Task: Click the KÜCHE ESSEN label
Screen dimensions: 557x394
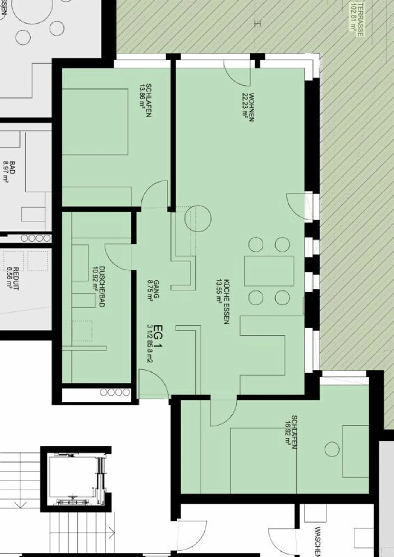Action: tap(226, 301)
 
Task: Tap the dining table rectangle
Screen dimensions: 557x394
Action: tap(269, 271)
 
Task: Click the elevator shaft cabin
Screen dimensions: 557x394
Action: tap(76, 479)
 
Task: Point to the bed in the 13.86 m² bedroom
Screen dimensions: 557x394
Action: tap(95, 122)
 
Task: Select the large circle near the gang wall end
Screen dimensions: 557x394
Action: tap(198, 218)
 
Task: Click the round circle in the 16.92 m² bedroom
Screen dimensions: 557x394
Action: tap(332, 449)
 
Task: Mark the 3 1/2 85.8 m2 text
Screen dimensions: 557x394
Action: tap(149, 344)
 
